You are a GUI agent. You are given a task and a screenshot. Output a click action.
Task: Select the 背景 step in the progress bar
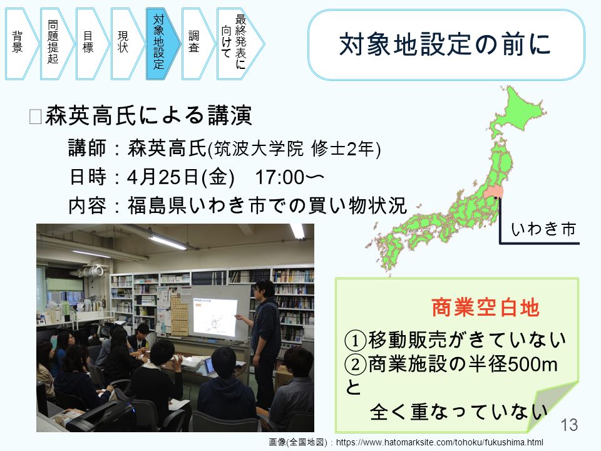click(21, 44)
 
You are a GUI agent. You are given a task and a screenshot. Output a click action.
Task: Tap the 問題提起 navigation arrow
click(56, 44)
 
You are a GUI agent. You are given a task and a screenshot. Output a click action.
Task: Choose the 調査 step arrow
click(198, 44)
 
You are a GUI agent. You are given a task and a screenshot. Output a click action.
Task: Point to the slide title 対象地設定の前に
click(445, 44)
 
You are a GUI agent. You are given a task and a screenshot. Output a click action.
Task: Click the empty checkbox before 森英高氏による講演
click(35, 117)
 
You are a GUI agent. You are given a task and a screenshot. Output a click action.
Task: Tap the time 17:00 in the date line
click(280, 177)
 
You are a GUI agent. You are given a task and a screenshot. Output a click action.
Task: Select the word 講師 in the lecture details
click(87, 148)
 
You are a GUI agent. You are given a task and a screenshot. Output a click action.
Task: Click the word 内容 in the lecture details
click(87, 205)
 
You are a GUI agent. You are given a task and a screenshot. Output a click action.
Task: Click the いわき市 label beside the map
click(543, 229)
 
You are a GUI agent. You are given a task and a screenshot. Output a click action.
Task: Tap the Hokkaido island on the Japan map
click(518, 109)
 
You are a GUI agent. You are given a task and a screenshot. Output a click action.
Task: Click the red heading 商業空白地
click(486, 308)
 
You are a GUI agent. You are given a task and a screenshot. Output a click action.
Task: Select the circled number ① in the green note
click(356, 340)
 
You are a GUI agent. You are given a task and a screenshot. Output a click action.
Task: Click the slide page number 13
click(569, 425)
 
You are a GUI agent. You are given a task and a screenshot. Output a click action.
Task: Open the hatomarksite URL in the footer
click(439, 442)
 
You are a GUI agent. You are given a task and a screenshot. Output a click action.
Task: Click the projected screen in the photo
click(215, 316)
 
